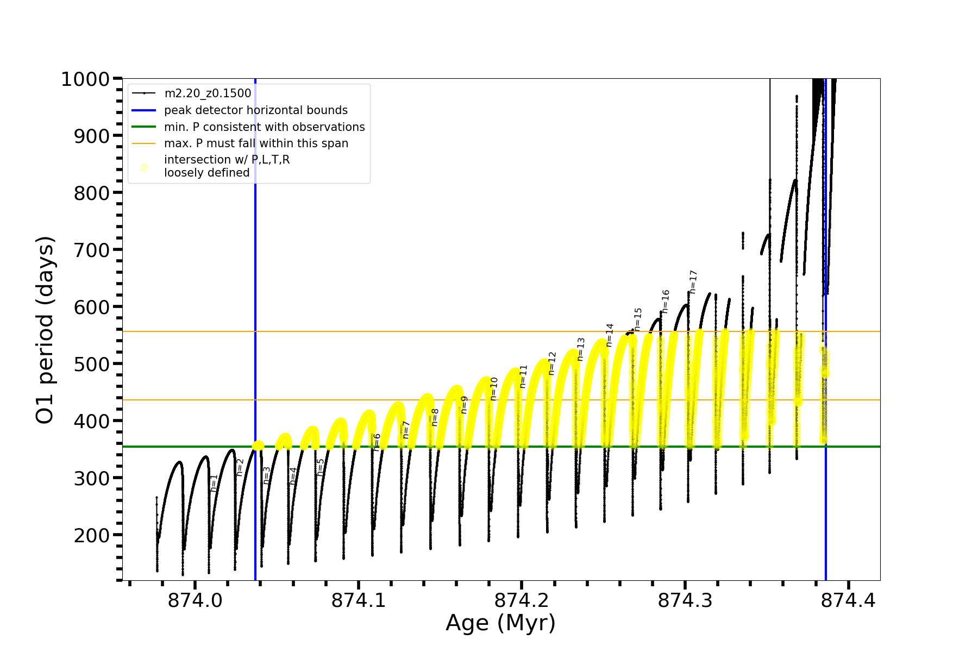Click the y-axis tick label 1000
85,80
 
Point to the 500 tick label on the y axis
91,364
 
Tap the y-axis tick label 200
91,535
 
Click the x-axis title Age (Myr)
500,623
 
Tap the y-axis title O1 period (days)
45,330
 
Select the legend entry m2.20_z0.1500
208,93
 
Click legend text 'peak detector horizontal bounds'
255,110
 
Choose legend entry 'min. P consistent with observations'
264,127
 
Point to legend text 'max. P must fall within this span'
256,143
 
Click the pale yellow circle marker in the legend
144,167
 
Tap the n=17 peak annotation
693,282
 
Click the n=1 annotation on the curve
214,482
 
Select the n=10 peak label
494,388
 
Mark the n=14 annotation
610,335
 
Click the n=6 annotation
377,442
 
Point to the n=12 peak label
552,363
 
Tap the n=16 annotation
666,301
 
